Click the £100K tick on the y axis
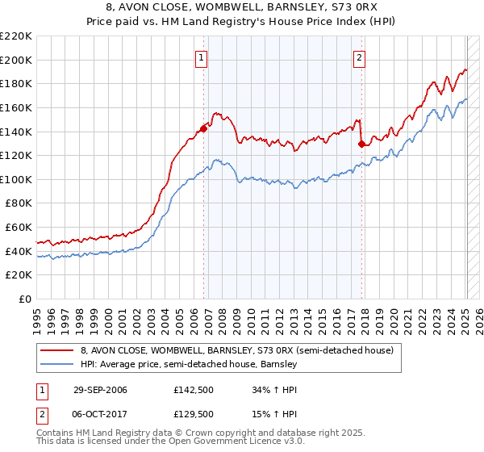click(x=16, y=179)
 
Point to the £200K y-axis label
click(x=16, y=60)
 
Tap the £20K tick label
click(x=19, y=275)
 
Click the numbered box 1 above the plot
click(x=201, y=56)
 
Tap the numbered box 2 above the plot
click(x=359, y=56)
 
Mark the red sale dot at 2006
click(x=203, y=128)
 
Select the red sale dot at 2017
click(x=361, y=144)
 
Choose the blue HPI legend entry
click(x=190, y=365)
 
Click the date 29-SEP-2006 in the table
click(x=100, y=390)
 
